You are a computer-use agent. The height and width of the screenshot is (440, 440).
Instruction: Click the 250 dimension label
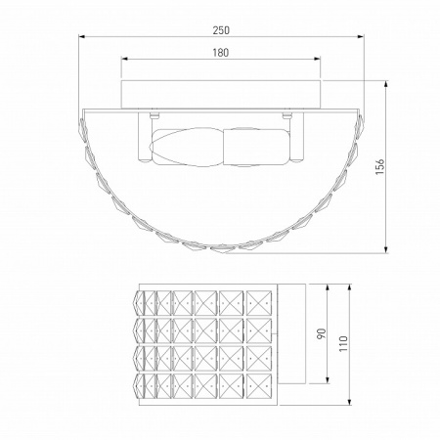(x=221, y=30)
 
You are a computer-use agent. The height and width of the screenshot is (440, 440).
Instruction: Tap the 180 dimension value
(x=221, y=53)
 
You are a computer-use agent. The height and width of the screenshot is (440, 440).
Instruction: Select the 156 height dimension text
(x=380, y=166)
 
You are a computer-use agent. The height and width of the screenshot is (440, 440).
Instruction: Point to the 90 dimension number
(x=322, y=333)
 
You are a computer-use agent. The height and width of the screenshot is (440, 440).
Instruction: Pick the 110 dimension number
(x=343, y=343)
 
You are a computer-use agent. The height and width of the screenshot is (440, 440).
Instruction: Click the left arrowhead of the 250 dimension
(x=82, y=36)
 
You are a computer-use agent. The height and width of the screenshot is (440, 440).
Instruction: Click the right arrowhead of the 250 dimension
(x=361, y=36)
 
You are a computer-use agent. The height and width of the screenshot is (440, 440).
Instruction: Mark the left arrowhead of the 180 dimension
(x=124, y=59)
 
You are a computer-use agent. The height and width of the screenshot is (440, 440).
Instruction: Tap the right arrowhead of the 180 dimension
(x=317, y=59)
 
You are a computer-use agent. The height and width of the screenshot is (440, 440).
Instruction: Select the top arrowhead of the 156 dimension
(x=386, y=83)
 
